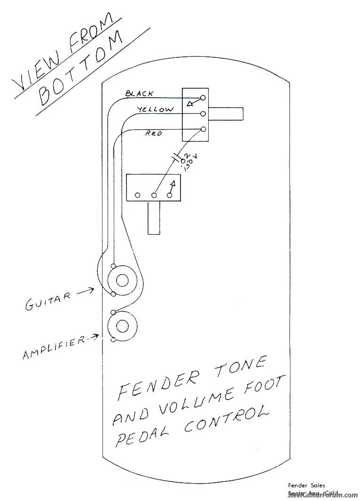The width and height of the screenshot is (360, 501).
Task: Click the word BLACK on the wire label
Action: pos(139,93)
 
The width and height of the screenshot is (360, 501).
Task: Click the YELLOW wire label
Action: pos(155,109)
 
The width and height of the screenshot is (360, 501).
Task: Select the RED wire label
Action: pos(154,134)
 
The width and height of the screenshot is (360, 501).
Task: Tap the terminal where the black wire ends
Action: pos(203,98)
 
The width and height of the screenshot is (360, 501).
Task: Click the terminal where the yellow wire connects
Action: pos(203,114)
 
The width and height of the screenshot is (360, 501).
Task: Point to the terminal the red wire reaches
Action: pos(203,129)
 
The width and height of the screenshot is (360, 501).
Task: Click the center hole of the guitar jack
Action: pos(122,281)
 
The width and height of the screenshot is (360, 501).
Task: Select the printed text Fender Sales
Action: pos(306,485)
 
